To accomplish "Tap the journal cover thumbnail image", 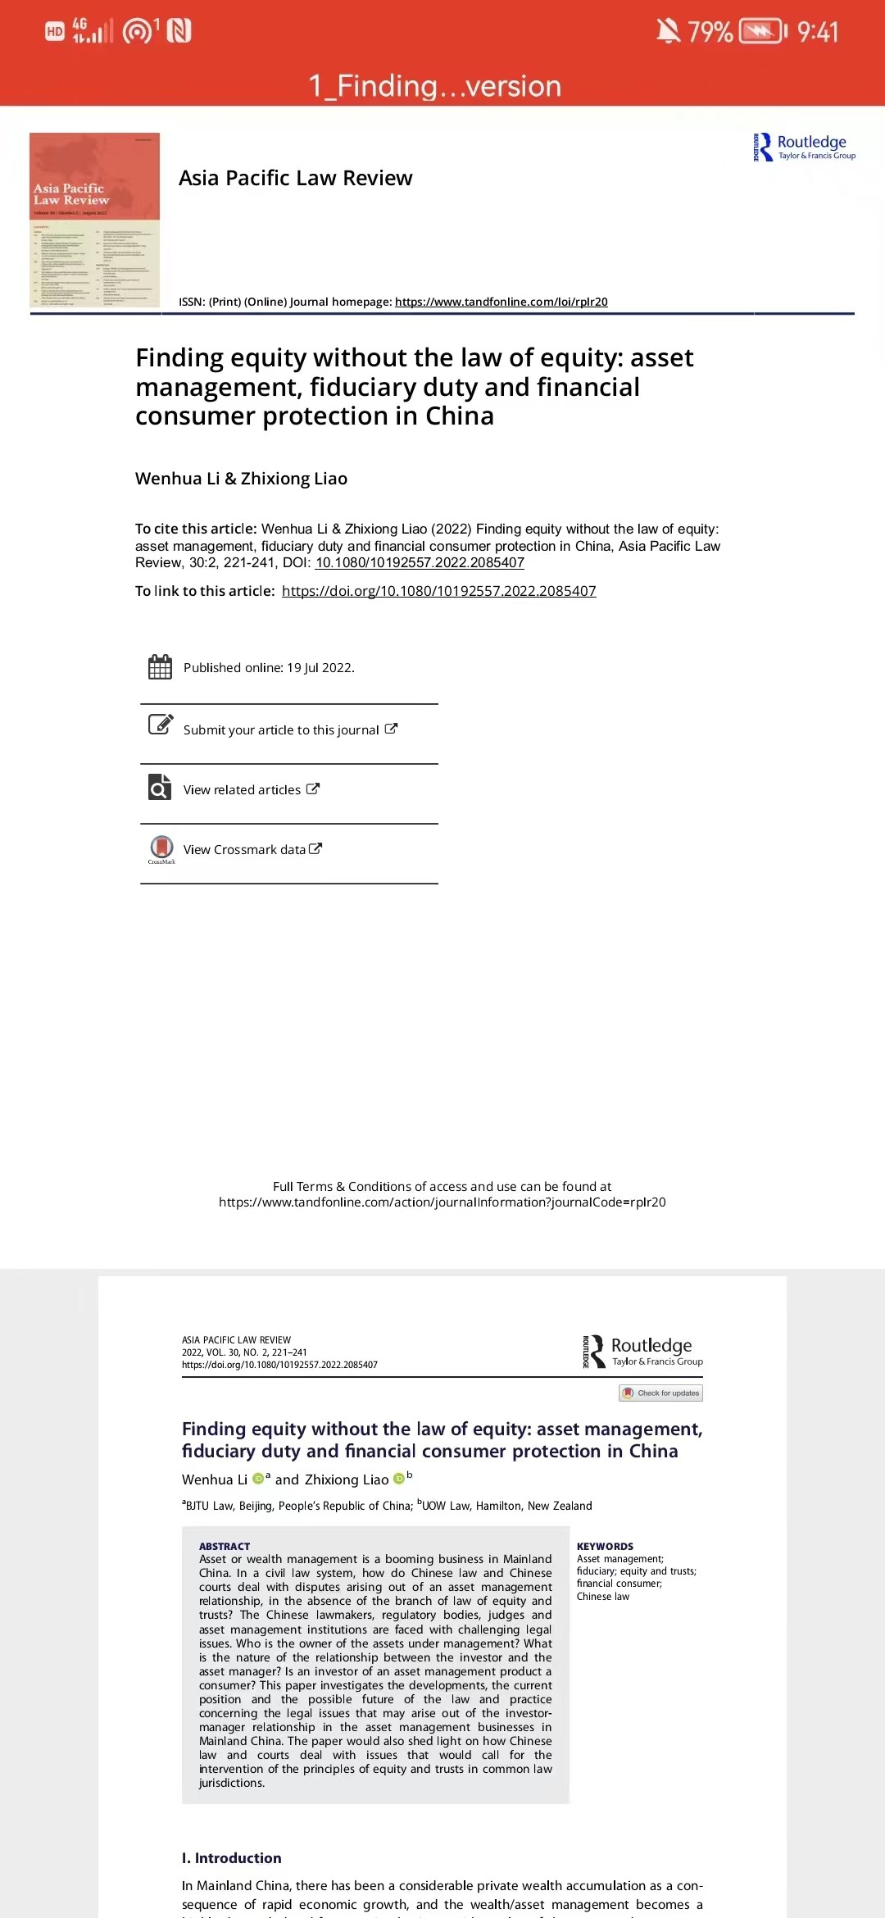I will [x=95, y=220].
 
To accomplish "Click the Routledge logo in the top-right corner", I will [x=804, y=147].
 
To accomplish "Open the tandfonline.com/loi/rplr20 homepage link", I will [x=501, y=302].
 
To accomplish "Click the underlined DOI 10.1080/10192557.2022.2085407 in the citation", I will [x=420, y=563].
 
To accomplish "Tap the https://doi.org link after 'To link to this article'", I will [x=438, y=591].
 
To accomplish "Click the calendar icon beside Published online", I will [x=160, y=667].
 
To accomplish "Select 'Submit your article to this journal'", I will [x=281, y=729].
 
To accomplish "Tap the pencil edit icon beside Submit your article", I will [x=160, y=725].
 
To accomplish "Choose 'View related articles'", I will [x=242, y=789].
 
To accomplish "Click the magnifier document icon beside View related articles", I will [x=160, y=787].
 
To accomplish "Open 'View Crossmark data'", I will [x=244, y=849].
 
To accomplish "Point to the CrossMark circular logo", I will [x=161, y=847].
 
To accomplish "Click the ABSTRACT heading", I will [x=225, y=1546].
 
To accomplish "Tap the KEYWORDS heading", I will [x=605, y=1546].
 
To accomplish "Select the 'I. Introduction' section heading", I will [x=231, y=1858].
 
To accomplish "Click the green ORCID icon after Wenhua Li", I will [x=258, y=1479].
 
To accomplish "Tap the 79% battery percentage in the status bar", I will [x=710, y=32].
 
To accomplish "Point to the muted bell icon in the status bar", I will [x=668, y=31].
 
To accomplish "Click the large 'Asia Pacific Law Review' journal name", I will [x=296, y=178].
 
